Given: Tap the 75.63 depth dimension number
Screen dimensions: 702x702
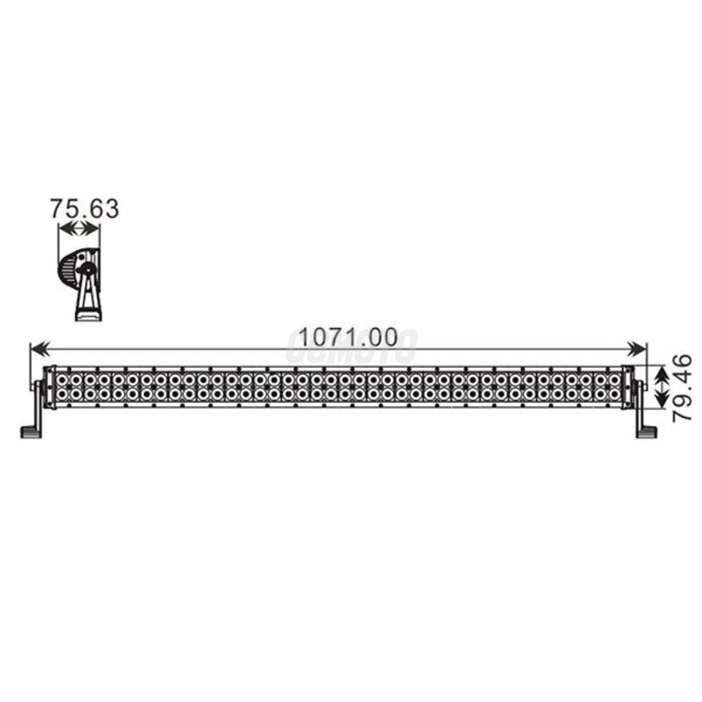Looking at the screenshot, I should coord(84,209).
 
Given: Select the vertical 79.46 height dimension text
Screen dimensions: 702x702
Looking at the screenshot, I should coord(682,388).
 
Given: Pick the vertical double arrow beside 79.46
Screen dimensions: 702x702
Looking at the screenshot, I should coord(662,387).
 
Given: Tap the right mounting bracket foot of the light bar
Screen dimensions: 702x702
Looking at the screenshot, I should coord(646,432).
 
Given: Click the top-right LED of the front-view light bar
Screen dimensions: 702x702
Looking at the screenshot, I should coord(614,380).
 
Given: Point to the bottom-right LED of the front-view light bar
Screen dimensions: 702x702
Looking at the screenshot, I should coord(614,395).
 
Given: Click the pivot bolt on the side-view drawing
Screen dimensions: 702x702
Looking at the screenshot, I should coord(87,270).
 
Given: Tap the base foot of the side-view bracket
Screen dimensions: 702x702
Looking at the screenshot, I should coord(88,315).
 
